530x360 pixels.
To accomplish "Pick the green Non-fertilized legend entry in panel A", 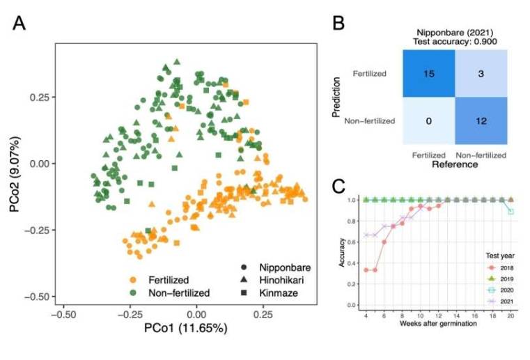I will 172,293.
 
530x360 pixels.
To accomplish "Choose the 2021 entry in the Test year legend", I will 501,302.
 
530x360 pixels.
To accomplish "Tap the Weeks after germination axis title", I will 437,324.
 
